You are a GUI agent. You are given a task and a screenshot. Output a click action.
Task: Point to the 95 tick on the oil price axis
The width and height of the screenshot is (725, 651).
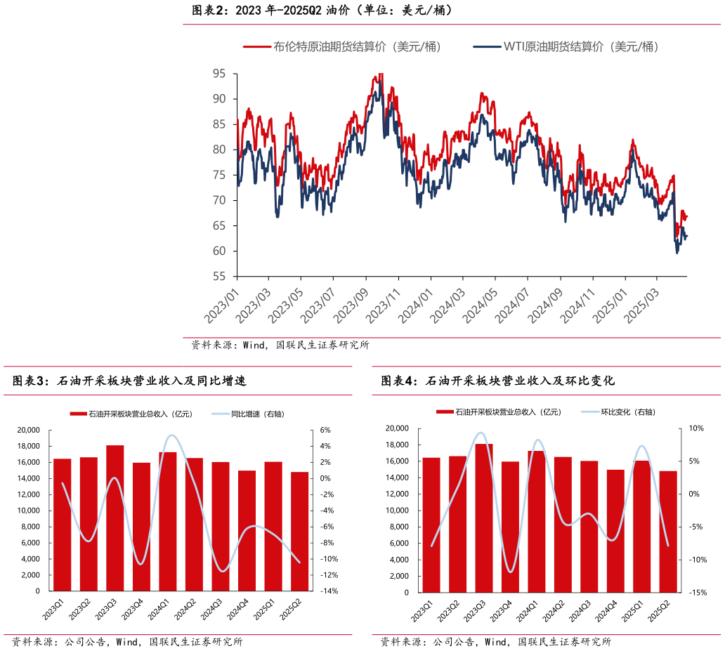click(218, 74)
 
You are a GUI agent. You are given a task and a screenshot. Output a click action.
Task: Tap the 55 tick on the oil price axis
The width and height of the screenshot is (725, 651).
click(218, 277)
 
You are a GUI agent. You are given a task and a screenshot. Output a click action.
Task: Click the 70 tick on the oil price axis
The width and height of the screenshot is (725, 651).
click(218, 201)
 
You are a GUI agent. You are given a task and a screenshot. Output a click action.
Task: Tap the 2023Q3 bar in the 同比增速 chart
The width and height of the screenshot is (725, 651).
click(115, 518)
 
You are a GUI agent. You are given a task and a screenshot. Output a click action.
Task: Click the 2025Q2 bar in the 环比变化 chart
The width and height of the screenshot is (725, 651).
click(668, 532)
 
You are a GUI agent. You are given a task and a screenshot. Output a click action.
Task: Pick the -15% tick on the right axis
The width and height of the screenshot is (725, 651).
click(697, 593)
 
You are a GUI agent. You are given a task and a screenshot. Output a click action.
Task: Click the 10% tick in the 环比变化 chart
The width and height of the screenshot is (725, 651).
click(695, 428)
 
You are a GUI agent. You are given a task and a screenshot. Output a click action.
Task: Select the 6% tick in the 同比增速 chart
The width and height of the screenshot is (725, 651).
click(326, 430)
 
